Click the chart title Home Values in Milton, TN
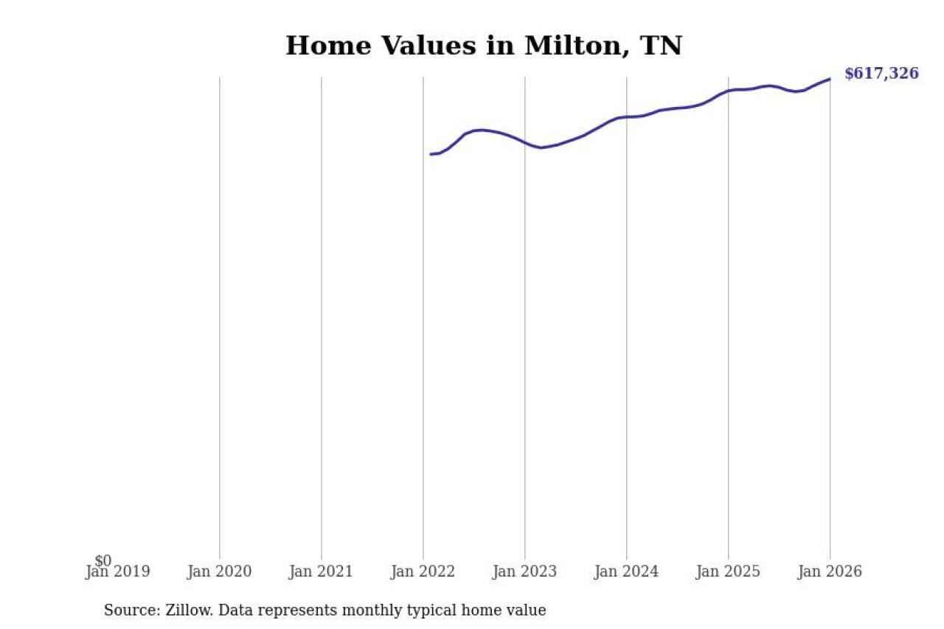[x=484, y=46]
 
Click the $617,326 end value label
[x=881, y=74]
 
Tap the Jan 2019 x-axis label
[x=117, y=571]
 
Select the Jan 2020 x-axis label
[x=219, y=571]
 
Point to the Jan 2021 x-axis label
[x=321, y=571]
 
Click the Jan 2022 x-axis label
[x=423, y=571]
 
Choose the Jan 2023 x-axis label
[x=524, y=571]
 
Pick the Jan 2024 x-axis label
[x=626, y=571]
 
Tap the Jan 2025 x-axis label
[x=728, y=571]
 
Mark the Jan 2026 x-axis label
[x=830, y=571]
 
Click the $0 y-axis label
[x=103, y=561]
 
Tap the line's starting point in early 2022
[x=431, y=154]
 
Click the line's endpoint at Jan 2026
[x=830, y=79]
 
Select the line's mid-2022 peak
[x=481, y=130]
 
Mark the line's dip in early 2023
[x=541, y=147]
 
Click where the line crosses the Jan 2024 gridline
[x=626, y=117]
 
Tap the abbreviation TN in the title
[x=662, y=46]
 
